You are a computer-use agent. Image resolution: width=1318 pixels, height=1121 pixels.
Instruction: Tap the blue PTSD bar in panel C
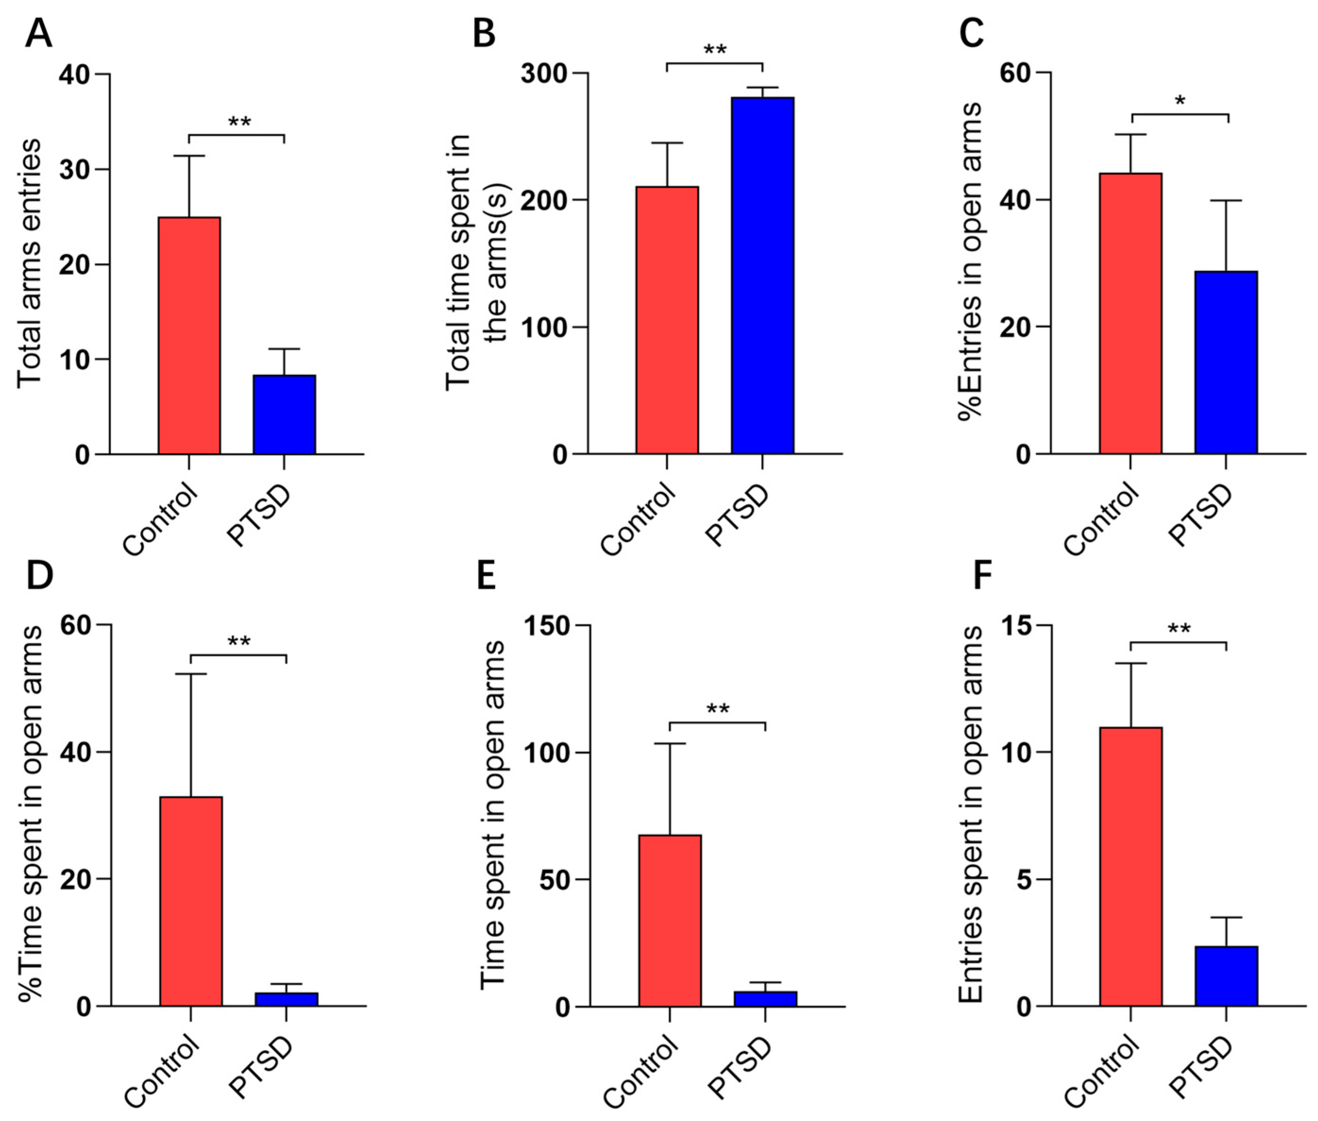(x=1226, y=362)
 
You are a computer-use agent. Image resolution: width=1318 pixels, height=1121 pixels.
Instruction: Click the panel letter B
(x=484, y=33)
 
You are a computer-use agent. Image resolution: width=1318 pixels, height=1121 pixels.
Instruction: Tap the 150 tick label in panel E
(x=547, y=626)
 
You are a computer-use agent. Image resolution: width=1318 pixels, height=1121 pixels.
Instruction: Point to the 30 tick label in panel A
(x=75, y=170)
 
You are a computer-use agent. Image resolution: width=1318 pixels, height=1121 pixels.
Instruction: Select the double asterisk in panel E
(x=718, y=709)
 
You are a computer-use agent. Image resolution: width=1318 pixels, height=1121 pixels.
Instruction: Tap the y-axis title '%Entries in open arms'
(x=970, y=261)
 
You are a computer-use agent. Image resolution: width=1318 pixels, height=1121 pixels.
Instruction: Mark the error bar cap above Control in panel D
(x=191, y=674)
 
